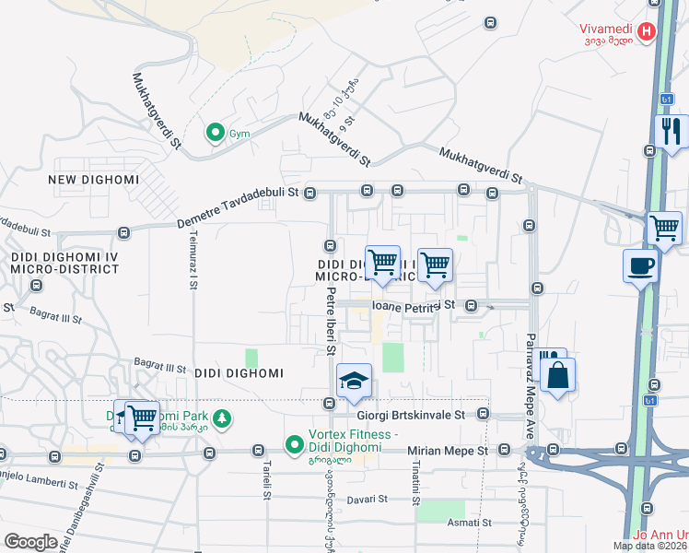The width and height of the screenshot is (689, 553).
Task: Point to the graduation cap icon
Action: (353, 381)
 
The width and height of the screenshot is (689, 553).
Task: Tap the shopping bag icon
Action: (558, 375)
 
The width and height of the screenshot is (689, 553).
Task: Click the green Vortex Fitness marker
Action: (295, 446)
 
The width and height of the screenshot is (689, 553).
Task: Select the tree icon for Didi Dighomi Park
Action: (222, 419)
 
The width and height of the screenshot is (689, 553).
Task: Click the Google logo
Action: (30, 541)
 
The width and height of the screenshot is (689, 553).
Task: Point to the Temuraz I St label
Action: (193, 263)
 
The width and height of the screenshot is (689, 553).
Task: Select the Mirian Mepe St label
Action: (447, 451)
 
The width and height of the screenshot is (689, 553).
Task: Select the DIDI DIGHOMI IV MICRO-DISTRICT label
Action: (60, 261)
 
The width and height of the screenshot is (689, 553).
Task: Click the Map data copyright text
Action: (650, 545)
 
